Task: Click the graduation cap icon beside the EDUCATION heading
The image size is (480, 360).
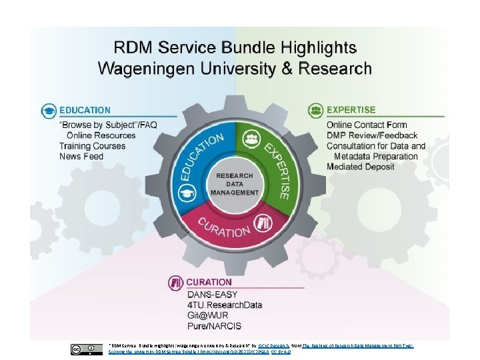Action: [49, 111]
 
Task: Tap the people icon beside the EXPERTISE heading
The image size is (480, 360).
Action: [315, 110]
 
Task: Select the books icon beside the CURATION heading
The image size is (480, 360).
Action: [177, 282]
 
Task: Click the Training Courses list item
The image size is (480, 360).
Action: [92, 146]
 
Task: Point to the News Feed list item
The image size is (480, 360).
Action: [81, 157]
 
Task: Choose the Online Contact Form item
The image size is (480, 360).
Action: [367, 125]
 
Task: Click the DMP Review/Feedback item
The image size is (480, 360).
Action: [372, 135]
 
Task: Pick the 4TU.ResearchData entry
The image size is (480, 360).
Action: [225, 305]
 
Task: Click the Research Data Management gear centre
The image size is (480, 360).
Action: [235, 183]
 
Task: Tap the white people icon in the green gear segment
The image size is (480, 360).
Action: [252, 139]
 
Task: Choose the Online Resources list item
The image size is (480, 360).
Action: [101, 135]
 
